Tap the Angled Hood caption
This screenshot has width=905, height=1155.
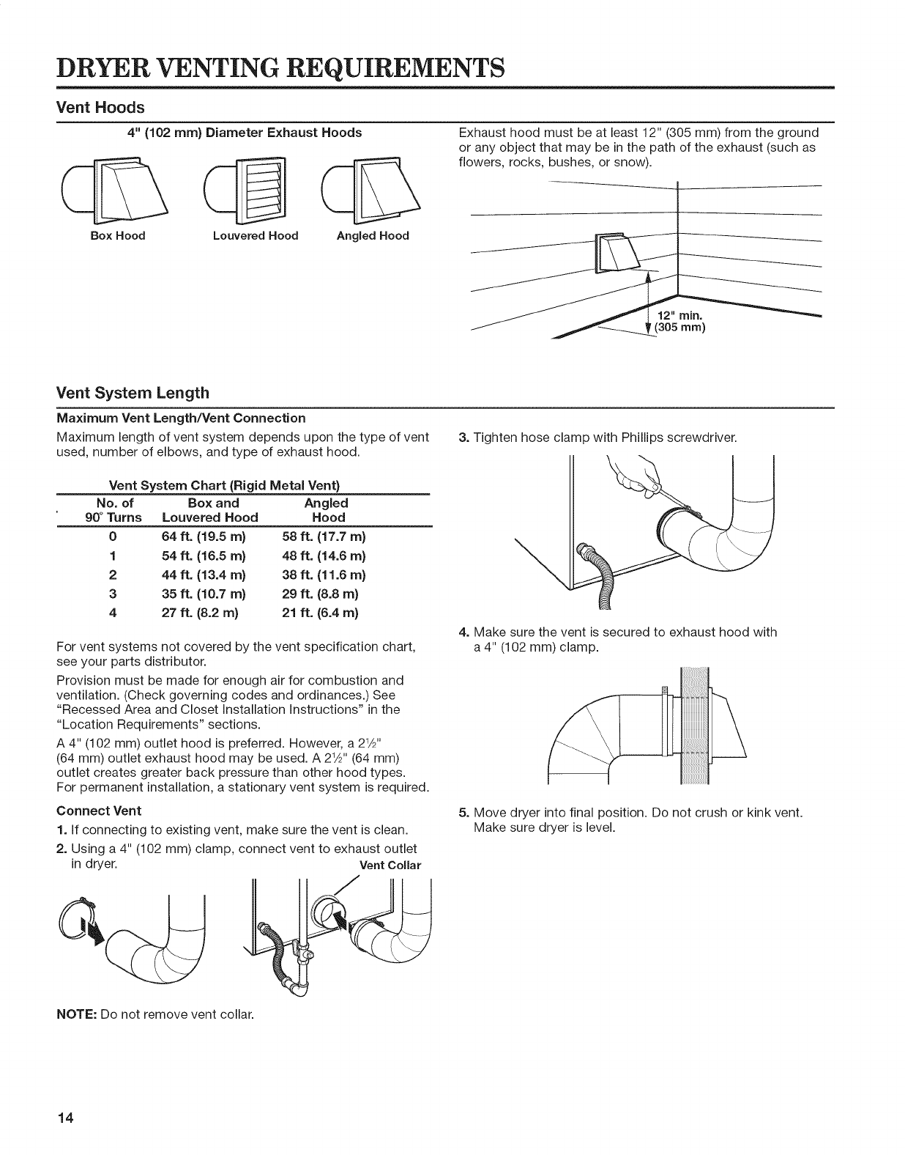coord(373,236)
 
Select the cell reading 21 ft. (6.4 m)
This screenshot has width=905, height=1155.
coord(324,613)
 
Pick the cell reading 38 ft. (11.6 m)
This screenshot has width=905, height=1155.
coord(324,575)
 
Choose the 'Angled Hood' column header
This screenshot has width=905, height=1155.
coord(326,510)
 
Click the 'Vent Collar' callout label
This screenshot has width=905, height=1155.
coord(390,865)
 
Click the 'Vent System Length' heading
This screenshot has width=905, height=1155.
coord(133,392)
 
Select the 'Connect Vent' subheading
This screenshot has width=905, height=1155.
coord(99,811)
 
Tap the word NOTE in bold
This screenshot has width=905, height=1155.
coord(73,1015)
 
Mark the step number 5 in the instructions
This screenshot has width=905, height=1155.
coord(463,813)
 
